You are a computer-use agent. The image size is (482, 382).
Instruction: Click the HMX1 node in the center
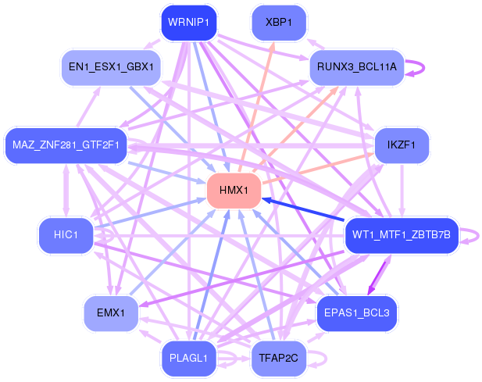[x=234, y=191]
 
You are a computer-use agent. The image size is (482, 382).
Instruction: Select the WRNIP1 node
[x=188, y=23]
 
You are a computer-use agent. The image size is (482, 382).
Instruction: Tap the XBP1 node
[x=278, y=23]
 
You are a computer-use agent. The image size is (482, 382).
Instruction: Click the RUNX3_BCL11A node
[x=356, y=67]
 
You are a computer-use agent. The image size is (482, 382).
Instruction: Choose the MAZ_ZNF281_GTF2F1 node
[x=66, y=145]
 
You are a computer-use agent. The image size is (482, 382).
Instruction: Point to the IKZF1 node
[x=402, y=145]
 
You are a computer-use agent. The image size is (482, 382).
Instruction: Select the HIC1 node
[x=66, y=235]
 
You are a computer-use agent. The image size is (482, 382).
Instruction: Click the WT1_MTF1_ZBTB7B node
[x=402, y=235]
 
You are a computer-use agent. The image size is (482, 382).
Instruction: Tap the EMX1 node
[x=111, y=312]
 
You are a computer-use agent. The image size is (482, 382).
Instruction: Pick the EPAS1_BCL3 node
[x=356, y=312]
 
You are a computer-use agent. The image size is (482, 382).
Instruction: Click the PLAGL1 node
[x=188, y=359]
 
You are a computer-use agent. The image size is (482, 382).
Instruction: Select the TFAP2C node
[x=278, y=359]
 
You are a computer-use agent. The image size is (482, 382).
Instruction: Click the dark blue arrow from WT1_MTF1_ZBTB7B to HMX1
[x=305, y=211]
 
